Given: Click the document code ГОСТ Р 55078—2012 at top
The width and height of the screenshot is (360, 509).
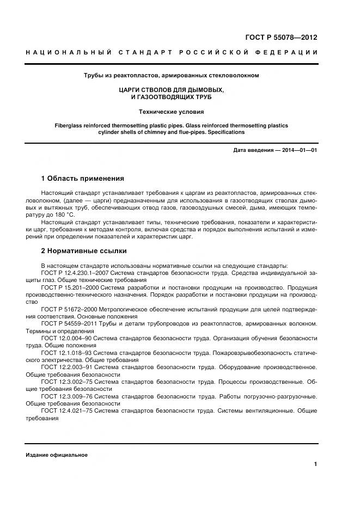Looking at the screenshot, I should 281,38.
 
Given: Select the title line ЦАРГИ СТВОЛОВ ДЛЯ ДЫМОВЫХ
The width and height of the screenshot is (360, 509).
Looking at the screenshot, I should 172,89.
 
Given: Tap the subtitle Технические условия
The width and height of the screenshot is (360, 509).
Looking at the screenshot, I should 172,112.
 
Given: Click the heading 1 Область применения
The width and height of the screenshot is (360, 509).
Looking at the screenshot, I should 83,179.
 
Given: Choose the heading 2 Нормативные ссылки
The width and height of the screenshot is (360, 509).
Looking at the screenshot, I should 84,251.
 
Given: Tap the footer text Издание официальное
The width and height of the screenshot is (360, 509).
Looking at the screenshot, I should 56,455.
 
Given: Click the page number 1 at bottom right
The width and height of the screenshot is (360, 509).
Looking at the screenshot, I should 315,464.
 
